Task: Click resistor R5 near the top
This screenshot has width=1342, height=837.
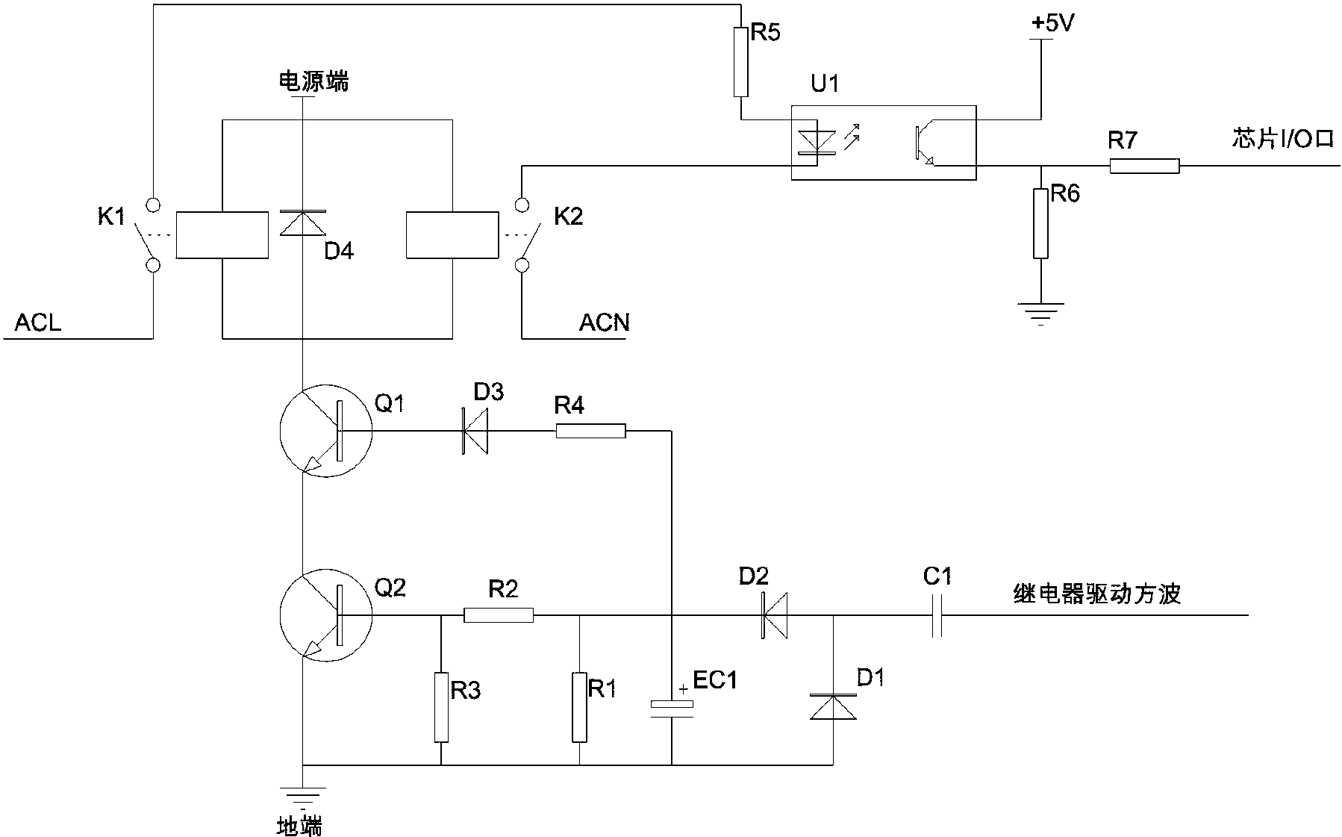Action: point(740,62)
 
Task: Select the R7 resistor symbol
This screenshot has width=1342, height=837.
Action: point(1144,166)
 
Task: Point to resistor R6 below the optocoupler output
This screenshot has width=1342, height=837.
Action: point(1040,223)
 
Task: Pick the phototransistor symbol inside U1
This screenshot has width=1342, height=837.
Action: point(923,145)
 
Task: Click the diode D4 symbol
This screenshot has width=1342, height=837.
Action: point(302,223)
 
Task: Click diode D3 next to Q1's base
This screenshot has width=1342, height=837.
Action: point(474,431)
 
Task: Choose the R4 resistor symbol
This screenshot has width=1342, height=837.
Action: point(590,431)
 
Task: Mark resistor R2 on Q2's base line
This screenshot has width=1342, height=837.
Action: point(499,615)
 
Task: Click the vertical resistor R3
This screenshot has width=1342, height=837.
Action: point(441,707)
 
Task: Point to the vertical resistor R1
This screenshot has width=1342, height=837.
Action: point(579,707)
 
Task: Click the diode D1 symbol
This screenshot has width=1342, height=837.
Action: point(833,706)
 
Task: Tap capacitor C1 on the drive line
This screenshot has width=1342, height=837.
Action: point(937,615)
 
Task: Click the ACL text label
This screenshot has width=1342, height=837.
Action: point(38,323)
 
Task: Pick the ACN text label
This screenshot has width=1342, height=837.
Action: point(604,323)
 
